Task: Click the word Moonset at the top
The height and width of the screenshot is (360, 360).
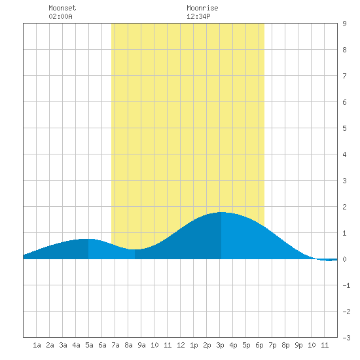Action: (x=62, y=8)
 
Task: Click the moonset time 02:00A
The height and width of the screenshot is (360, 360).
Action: (x=60, y=16)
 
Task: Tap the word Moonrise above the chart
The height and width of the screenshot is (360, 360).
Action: (x=202, y=8)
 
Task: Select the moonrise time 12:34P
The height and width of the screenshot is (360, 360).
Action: (x=198, y=16)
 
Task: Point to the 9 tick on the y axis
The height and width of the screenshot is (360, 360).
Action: (x=344, y=24)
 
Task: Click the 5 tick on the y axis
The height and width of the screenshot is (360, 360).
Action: (x=344, y=128)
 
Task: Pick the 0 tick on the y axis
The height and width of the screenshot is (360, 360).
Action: (x=344, y=259)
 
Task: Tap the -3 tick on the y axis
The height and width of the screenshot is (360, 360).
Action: (x=346, y=338)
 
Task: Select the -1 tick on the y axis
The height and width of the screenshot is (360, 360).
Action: (x=346, y=285)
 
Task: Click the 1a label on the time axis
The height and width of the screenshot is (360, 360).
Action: (x=37, y=345)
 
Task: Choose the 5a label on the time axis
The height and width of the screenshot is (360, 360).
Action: (x=89, y=345)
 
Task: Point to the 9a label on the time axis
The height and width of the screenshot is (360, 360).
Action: (x=141, y=345)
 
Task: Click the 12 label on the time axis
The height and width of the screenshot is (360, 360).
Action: (x=181, y=345)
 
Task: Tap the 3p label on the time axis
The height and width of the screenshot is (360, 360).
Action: (x=220, y=345)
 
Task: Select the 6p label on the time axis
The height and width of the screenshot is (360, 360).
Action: (x=259, y=345)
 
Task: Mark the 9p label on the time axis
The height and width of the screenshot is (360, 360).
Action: (x=298, y=345)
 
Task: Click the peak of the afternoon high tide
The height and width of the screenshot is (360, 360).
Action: (x=221, y=212)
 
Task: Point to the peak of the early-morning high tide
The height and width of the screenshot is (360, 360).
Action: (x=88, y=239)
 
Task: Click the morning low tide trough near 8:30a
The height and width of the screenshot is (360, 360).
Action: (x=135, y=249)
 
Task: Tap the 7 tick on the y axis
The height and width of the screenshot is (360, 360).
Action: (x=344, y=76)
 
